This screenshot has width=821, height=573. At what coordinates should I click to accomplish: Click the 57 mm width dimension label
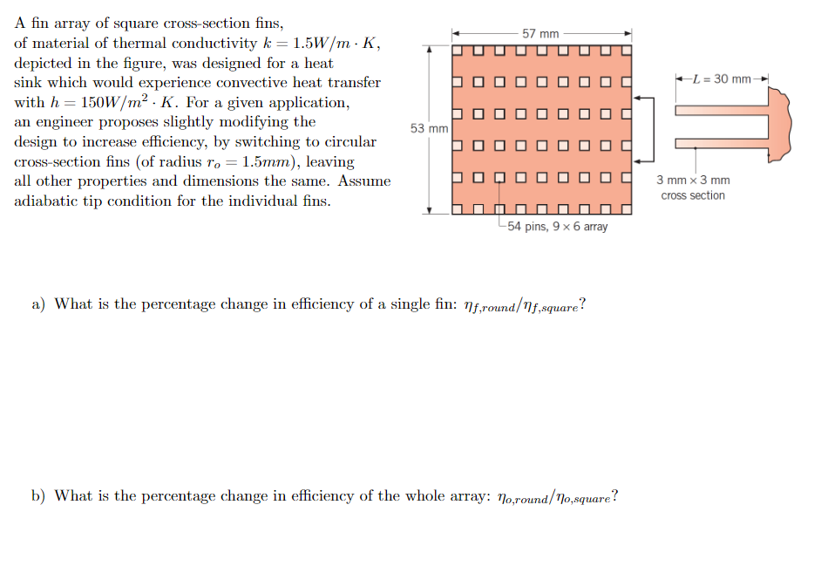pos(540,33)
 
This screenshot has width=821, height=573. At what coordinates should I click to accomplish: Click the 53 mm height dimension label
pos(428,128)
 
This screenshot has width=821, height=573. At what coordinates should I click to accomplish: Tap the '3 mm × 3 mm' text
pos(693,181)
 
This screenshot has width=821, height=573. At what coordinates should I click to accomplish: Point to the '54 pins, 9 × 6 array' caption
pos(557,227)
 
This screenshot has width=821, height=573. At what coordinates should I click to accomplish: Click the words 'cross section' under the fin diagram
pos(693,195)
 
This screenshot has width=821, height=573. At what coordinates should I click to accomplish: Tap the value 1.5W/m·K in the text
pos(335,43)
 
